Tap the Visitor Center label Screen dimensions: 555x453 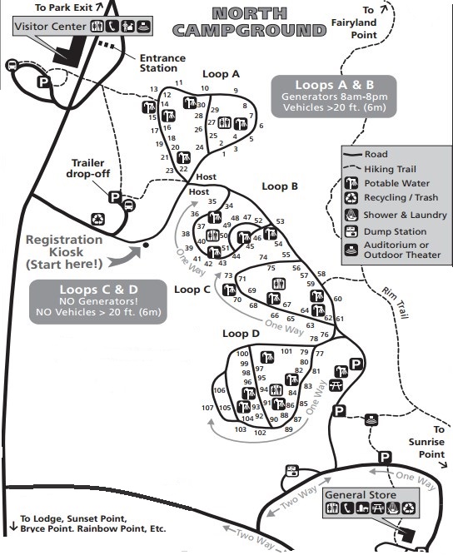click(50, 27)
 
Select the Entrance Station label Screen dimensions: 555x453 click(162, 63)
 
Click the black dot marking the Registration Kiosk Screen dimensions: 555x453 click(146, 245)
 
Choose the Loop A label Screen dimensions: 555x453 click(220, 73)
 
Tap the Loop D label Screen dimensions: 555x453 click(241, 334)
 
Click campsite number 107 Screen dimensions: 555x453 click(207, 408)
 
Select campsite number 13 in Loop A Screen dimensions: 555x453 click(154, 89)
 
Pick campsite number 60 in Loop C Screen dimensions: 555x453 click(337, 299)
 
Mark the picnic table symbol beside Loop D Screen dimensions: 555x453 click(336, 385)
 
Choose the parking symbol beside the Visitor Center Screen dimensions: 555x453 click(43, 82)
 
